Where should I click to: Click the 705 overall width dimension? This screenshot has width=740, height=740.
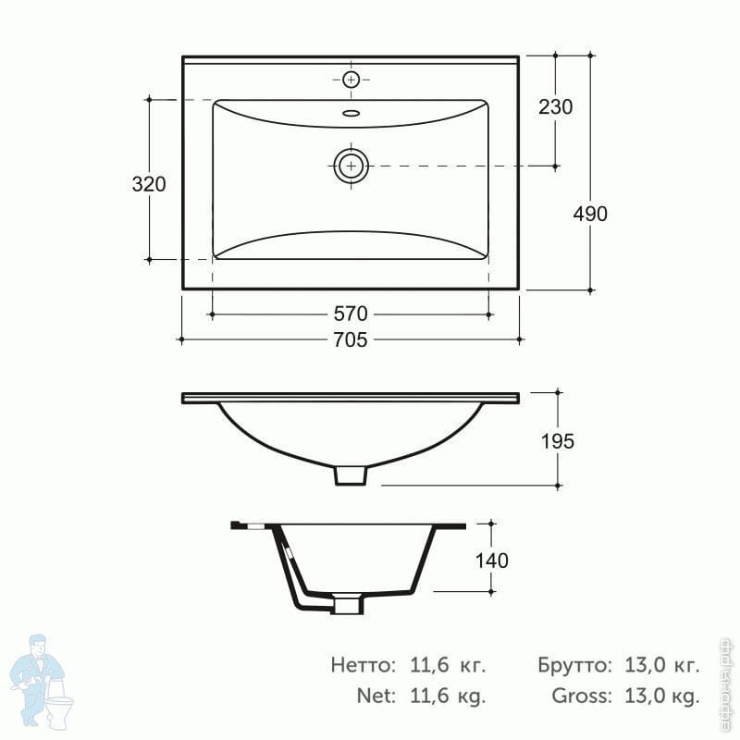[351, 339]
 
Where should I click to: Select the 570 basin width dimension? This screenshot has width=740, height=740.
[351, 314]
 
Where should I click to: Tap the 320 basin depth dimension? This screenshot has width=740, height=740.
[149, 184]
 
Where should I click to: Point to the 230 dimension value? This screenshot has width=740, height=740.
[556, 107]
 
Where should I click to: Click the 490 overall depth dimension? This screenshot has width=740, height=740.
[590, 215]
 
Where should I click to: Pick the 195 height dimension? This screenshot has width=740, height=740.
[558, 442]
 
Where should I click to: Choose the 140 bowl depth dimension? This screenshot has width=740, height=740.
[491, 561]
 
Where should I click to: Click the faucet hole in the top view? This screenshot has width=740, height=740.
[351, 80]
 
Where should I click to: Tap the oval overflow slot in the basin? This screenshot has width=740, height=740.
[351, 113]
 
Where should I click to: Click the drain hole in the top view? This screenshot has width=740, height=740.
[351, 166]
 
